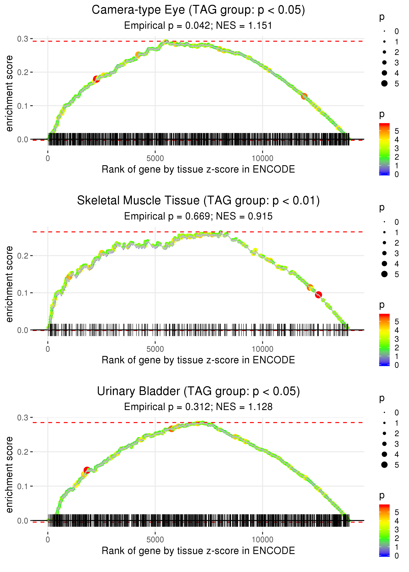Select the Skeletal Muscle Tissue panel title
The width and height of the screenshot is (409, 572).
(x=198, y=201)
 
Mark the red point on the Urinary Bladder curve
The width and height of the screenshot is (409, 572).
(x=87, y=470)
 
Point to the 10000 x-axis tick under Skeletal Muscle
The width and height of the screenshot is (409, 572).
(x=262, y=349)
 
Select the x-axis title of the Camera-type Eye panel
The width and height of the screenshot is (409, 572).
(x=198, y=169)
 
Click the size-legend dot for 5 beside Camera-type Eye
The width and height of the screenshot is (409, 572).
(x=384, y=83)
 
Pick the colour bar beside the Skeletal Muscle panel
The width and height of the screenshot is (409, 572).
(x=384, y=340)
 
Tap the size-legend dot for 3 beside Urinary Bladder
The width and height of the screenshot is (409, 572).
(x=384, y=444)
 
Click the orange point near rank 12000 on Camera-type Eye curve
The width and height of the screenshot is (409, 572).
(x=304, y=96)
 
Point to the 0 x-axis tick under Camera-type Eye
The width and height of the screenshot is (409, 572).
(x=48, y=159)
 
